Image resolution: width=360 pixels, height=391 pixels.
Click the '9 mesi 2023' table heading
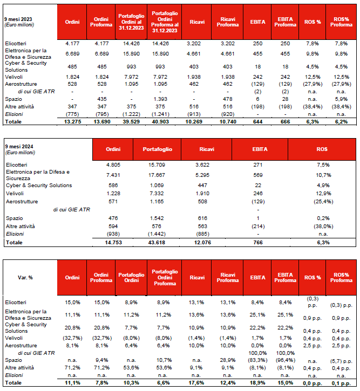point(18,18)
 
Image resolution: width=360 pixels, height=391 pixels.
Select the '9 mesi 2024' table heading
point(18,147)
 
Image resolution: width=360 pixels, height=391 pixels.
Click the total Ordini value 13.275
point(72,123)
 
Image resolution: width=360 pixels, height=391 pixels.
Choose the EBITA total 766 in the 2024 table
point(260,243)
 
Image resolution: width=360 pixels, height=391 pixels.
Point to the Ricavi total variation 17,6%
point(197,382)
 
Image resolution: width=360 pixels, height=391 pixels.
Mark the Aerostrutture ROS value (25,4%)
point(322,201)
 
